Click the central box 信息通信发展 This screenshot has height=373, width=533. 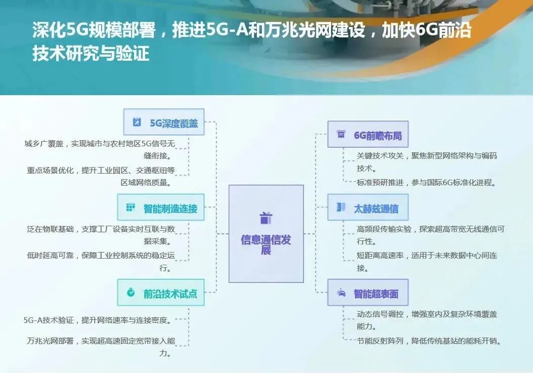tap(266, 233)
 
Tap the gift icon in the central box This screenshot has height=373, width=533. tap(266, 218)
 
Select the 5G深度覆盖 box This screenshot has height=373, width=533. tap(164, 122)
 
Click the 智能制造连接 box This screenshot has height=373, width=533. tap(161, 207)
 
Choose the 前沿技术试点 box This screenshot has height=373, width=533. tap(161, 293)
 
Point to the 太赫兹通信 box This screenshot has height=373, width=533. tap(367, 208)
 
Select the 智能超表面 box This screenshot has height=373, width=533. tap(367, 293)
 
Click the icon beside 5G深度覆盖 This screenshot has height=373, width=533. tap(137, 122)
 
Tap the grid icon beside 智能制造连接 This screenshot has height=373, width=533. tap(131, 207)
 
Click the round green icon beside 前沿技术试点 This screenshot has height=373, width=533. tap(131, 292)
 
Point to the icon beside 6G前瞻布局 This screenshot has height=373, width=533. tap(341, 134)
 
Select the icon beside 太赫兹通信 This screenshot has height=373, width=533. tap(341, 207)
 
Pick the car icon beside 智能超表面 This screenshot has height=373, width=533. tap(341, 293)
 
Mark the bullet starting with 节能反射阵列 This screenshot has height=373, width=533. tap(429, 341)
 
